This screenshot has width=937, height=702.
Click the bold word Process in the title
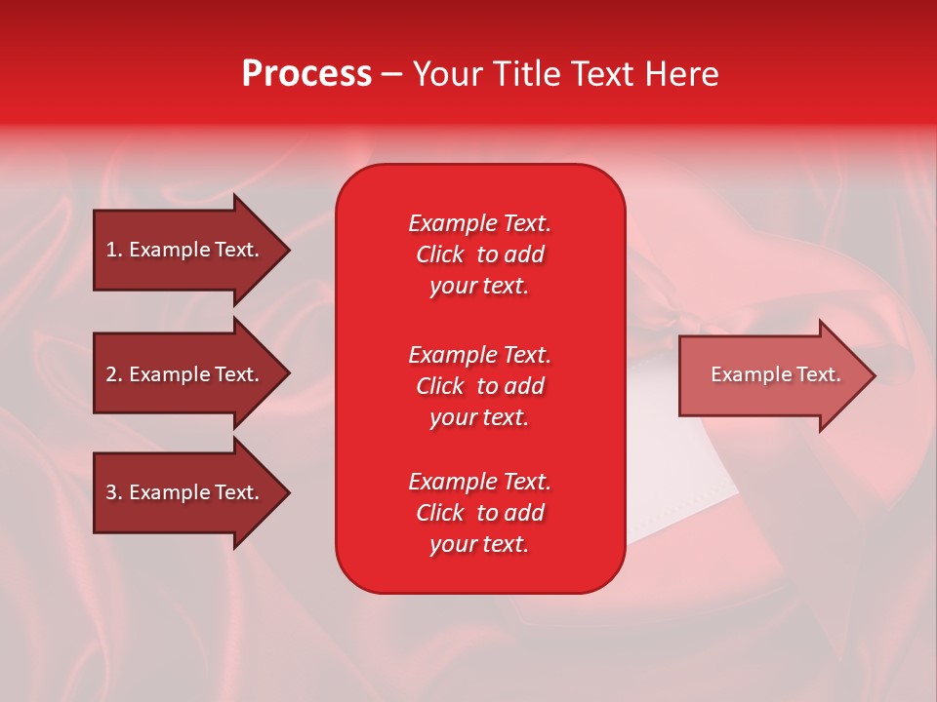[306, 74]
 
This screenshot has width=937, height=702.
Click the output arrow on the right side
[776, 375]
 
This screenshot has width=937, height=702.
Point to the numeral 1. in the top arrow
[114, 250]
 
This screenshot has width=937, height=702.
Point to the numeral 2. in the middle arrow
[114, 374]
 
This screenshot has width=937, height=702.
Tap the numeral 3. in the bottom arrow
[114, 492]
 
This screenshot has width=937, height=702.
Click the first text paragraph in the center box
[479, 254]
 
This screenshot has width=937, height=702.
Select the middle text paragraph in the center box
[479, 386]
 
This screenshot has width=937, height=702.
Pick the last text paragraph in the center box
[479, 513]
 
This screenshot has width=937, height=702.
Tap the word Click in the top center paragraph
[439, 254]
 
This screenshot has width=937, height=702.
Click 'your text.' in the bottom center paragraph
[479, 545]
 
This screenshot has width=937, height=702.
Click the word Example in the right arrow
[747, 374]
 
